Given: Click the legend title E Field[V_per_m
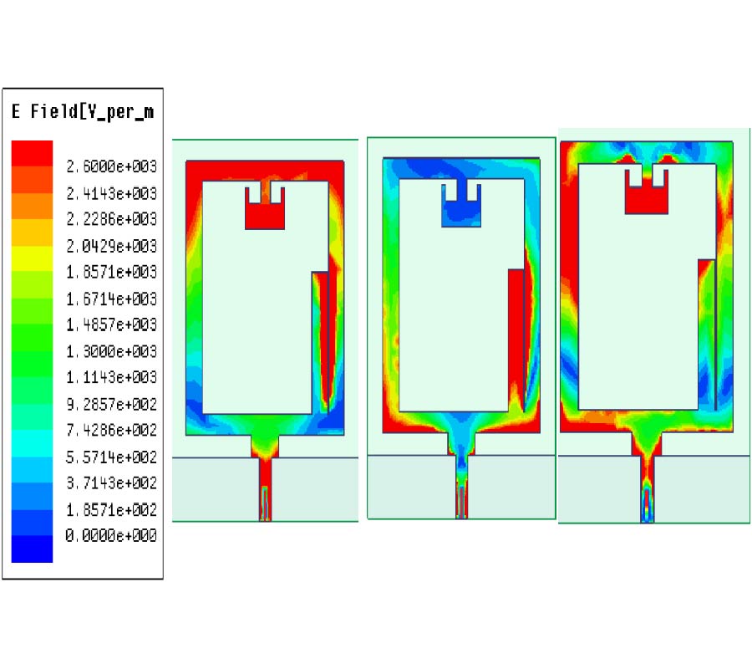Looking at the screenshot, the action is [83, 112].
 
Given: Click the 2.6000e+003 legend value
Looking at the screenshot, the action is [112, 166].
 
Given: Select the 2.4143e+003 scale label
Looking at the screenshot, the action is [112, 193].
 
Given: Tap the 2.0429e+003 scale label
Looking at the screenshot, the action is [112, 246].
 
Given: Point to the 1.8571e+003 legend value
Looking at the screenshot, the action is [112, 272].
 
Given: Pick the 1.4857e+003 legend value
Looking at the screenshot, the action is [112, 325].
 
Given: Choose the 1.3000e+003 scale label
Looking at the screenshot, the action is [112, 351].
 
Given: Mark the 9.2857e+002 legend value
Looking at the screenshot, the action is [112, 404].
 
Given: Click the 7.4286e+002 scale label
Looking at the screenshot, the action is [112, 430].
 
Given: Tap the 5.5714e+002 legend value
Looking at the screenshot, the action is [112, 457].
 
